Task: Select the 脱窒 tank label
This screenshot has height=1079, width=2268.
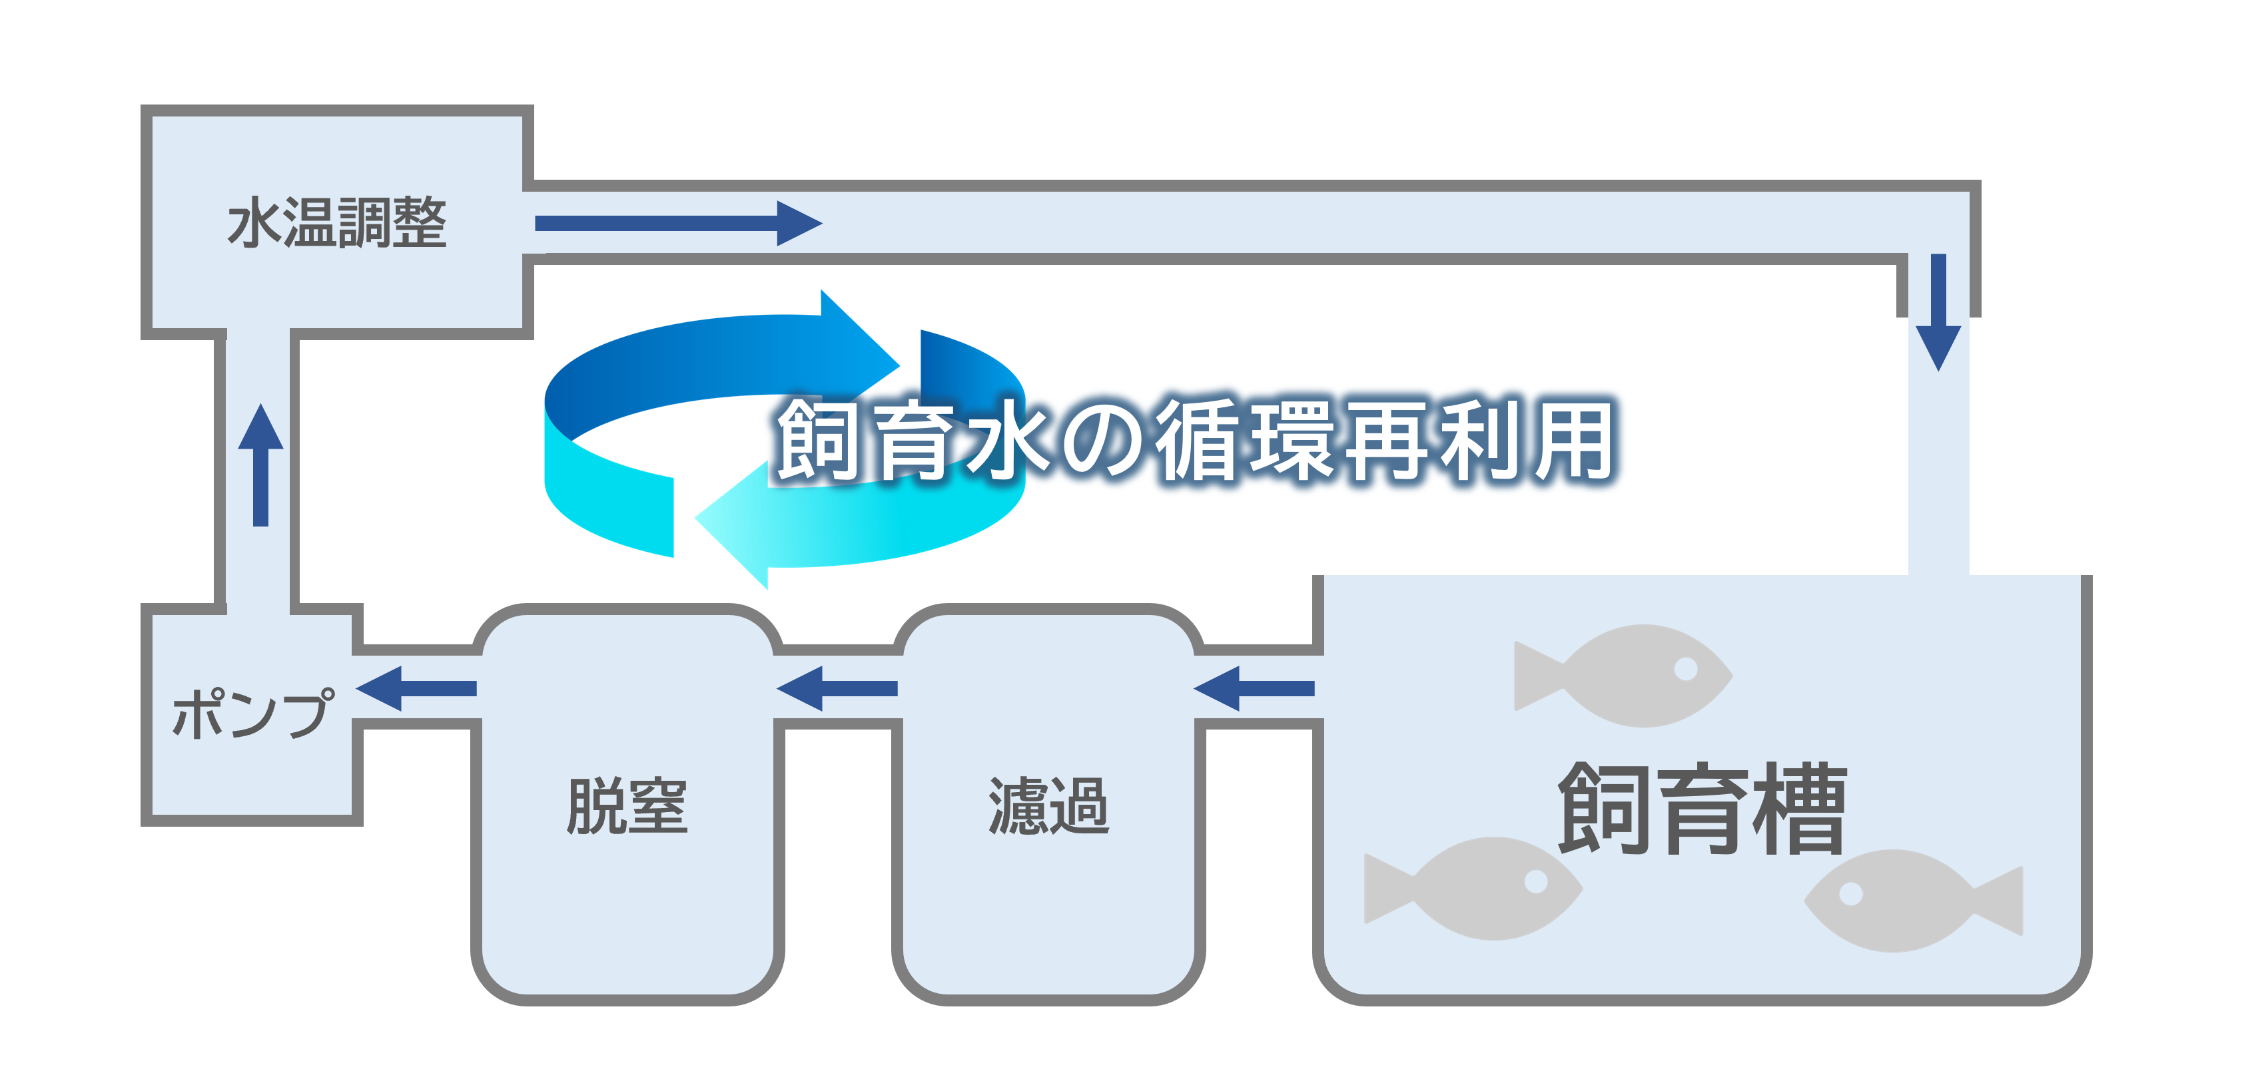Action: (x=627, y=805)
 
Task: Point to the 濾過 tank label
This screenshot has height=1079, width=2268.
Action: (x=1048, y=805)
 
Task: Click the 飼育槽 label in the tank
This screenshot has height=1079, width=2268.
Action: (x=1701, y=808)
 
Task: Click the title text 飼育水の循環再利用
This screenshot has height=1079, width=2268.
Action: (x=1196, y=440)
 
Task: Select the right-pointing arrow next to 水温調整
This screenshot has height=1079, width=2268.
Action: (x=678, y=223)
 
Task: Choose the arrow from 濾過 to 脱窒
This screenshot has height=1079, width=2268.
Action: (x=837, y=688)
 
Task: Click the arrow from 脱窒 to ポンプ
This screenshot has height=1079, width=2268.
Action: (x=416, y=688)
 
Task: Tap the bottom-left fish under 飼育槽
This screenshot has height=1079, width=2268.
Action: (x=1479, y=887)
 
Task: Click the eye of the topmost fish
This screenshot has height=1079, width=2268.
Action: (x=1685, y=669)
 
